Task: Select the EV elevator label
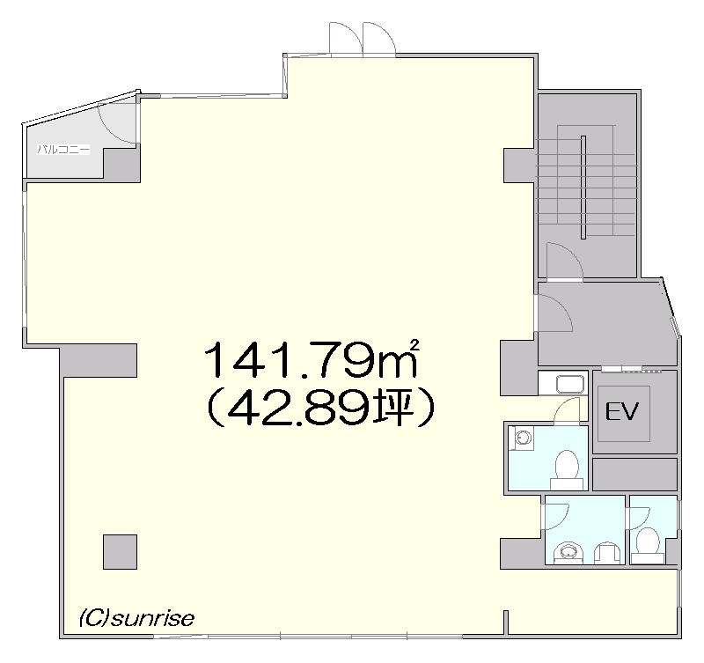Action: coord(622,411)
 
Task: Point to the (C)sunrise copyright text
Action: coord(137,618)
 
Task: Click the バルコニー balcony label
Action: coord(63,150)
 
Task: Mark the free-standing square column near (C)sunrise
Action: coord(120,551)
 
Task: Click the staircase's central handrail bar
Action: coord(583,187)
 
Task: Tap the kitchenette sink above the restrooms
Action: coord(570,385)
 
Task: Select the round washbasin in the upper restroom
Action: coord(522,438)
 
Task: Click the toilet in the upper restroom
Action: coord(566,470)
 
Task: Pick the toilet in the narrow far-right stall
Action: coord(648,545)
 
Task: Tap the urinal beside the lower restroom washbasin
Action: coord(606,554)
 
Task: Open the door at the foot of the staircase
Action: coord(564,262)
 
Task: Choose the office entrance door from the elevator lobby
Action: coord(554,313)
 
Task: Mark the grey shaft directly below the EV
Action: coord(634,474)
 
